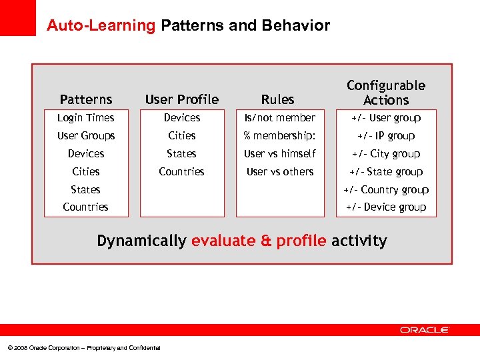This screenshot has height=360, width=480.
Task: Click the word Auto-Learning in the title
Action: (x=101, y=26)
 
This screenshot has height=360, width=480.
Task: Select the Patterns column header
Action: (x=86, y=99)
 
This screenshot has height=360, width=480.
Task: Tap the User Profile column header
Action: (x=181, y=99)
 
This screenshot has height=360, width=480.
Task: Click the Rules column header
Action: (x=277, y=99)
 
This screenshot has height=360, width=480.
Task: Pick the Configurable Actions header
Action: (x=385, y=93)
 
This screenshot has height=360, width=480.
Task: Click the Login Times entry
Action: (x=86, y=118)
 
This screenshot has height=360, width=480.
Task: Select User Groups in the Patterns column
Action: (x=86, y=136)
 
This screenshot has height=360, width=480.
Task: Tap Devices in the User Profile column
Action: (x=181, y=118)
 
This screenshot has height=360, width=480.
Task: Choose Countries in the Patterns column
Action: (x=86, y=207)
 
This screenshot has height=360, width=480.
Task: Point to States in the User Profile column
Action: (x=181, y=154)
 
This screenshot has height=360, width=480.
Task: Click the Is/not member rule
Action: (x=279, y=118)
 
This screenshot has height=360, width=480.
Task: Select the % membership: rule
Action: (x=279, y=136)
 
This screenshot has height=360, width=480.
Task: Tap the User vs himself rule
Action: (x=279, y=154)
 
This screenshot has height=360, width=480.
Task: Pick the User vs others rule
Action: (x=279, y=172)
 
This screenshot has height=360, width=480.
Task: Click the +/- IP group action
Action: (x=385, y=136)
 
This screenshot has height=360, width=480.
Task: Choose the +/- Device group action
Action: (x=385, y=207)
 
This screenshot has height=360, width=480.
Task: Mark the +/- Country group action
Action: (x=385, y=190)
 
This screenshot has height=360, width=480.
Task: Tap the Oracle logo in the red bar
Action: (x=425, y=330)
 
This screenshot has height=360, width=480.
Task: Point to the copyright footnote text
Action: (x=83, y=348)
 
